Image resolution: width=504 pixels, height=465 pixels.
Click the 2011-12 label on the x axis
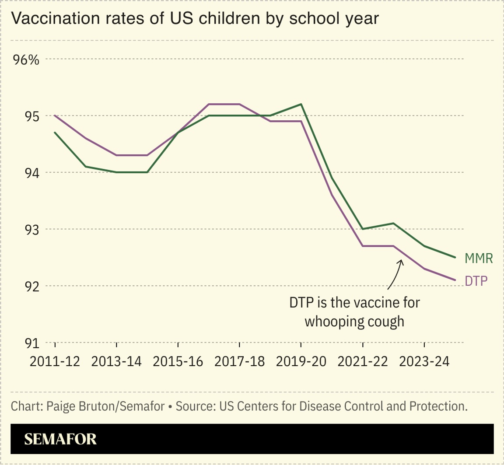(x=55, y=361)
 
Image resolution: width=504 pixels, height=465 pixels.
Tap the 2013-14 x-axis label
(x=116, y=361)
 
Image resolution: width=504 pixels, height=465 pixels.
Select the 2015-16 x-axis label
(x=178, y=361)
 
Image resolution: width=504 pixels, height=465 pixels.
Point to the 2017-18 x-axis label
(x=240, y=361)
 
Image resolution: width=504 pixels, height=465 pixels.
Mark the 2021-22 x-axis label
(x=363, y=361)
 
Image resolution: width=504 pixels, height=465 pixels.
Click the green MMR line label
(x=479, y=259)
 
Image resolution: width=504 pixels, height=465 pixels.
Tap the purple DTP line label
(x=476, y=281)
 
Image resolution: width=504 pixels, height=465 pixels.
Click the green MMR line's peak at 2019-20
(x=301, y=105)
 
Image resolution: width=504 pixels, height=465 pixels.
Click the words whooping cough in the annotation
(x=354, y=322)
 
